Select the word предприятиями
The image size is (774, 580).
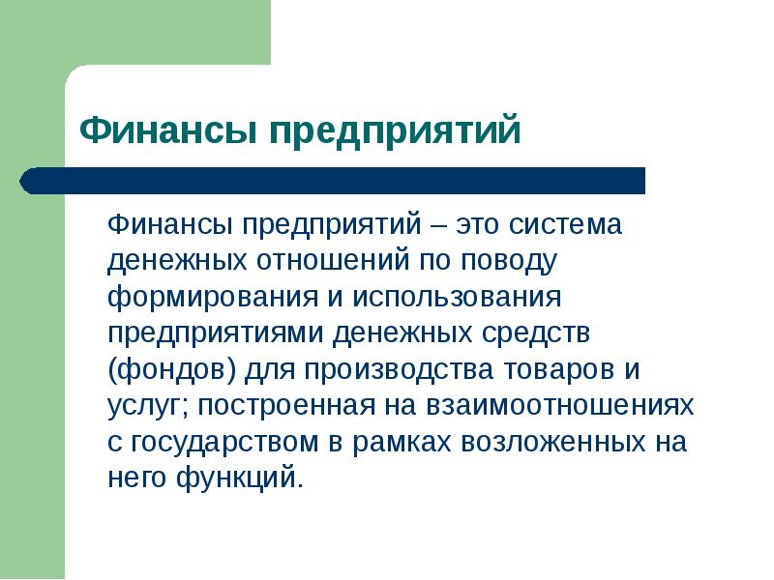click(x=218, y=333)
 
